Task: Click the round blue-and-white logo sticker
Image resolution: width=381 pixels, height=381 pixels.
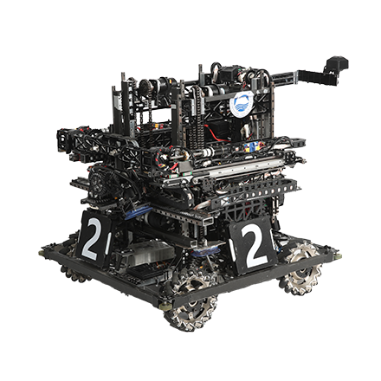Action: (x=242, y=104)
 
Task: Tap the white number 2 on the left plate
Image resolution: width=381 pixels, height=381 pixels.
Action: (x=93, y=239)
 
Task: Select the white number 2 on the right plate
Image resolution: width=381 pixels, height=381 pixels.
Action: (x=255, y=245)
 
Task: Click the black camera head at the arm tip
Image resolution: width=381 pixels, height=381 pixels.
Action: (x=337, y=65)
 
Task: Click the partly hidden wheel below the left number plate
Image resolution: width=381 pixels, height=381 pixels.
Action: (x=73, y=274)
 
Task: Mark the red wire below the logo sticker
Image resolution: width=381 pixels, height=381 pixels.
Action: (x=214, y=133)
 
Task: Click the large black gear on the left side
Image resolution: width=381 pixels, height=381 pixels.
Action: (x=101, y=182)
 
